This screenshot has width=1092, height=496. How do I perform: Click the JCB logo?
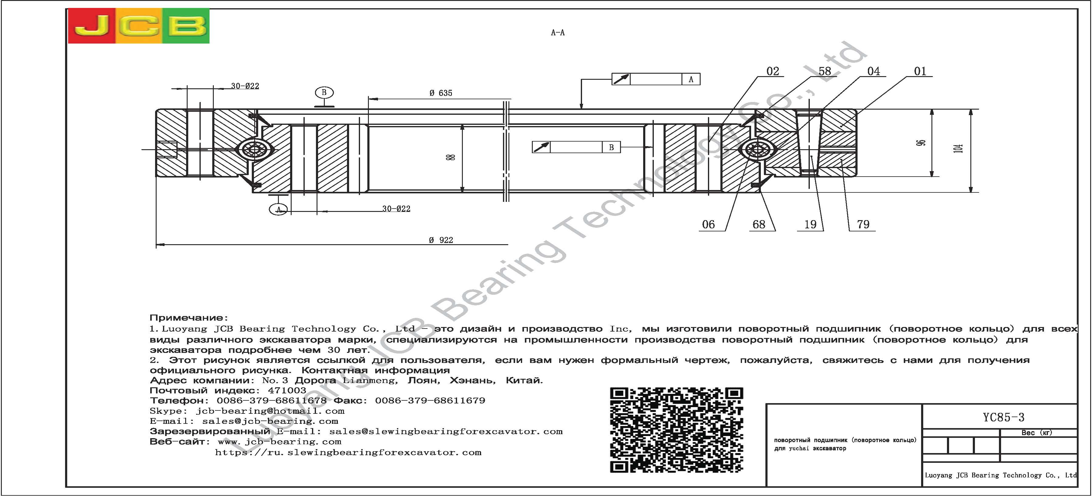(x=139, y=26)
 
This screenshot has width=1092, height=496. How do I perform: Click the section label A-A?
(x=557, y=33)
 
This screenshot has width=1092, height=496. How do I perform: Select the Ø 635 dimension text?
(x=441, y=93)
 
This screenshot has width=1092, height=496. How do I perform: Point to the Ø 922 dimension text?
(x=441, y=240)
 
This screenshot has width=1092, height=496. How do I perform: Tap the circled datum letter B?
(x=324, y=93)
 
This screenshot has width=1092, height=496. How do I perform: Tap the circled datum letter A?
(x=279, y=209)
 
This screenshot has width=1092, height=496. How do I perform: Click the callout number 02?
(x=773, y=71)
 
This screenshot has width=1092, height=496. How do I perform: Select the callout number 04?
(x=874, y=71)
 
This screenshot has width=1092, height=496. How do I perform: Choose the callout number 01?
(x=920, y=71)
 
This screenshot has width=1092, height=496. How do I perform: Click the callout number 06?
(x=708, y=224)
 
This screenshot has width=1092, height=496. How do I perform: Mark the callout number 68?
(x=759, y=224)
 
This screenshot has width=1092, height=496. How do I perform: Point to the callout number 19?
(x=810, y=224)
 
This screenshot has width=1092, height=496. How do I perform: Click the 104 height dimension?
(x=959, y=149)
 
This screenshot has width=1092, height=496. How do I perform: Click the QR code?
(x=677, y=430)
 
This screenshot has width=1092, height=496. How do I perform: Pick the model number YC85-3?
(x=1004, y=417)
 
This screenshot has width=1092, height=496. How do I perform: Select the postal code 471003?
(x=287, y=390)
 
